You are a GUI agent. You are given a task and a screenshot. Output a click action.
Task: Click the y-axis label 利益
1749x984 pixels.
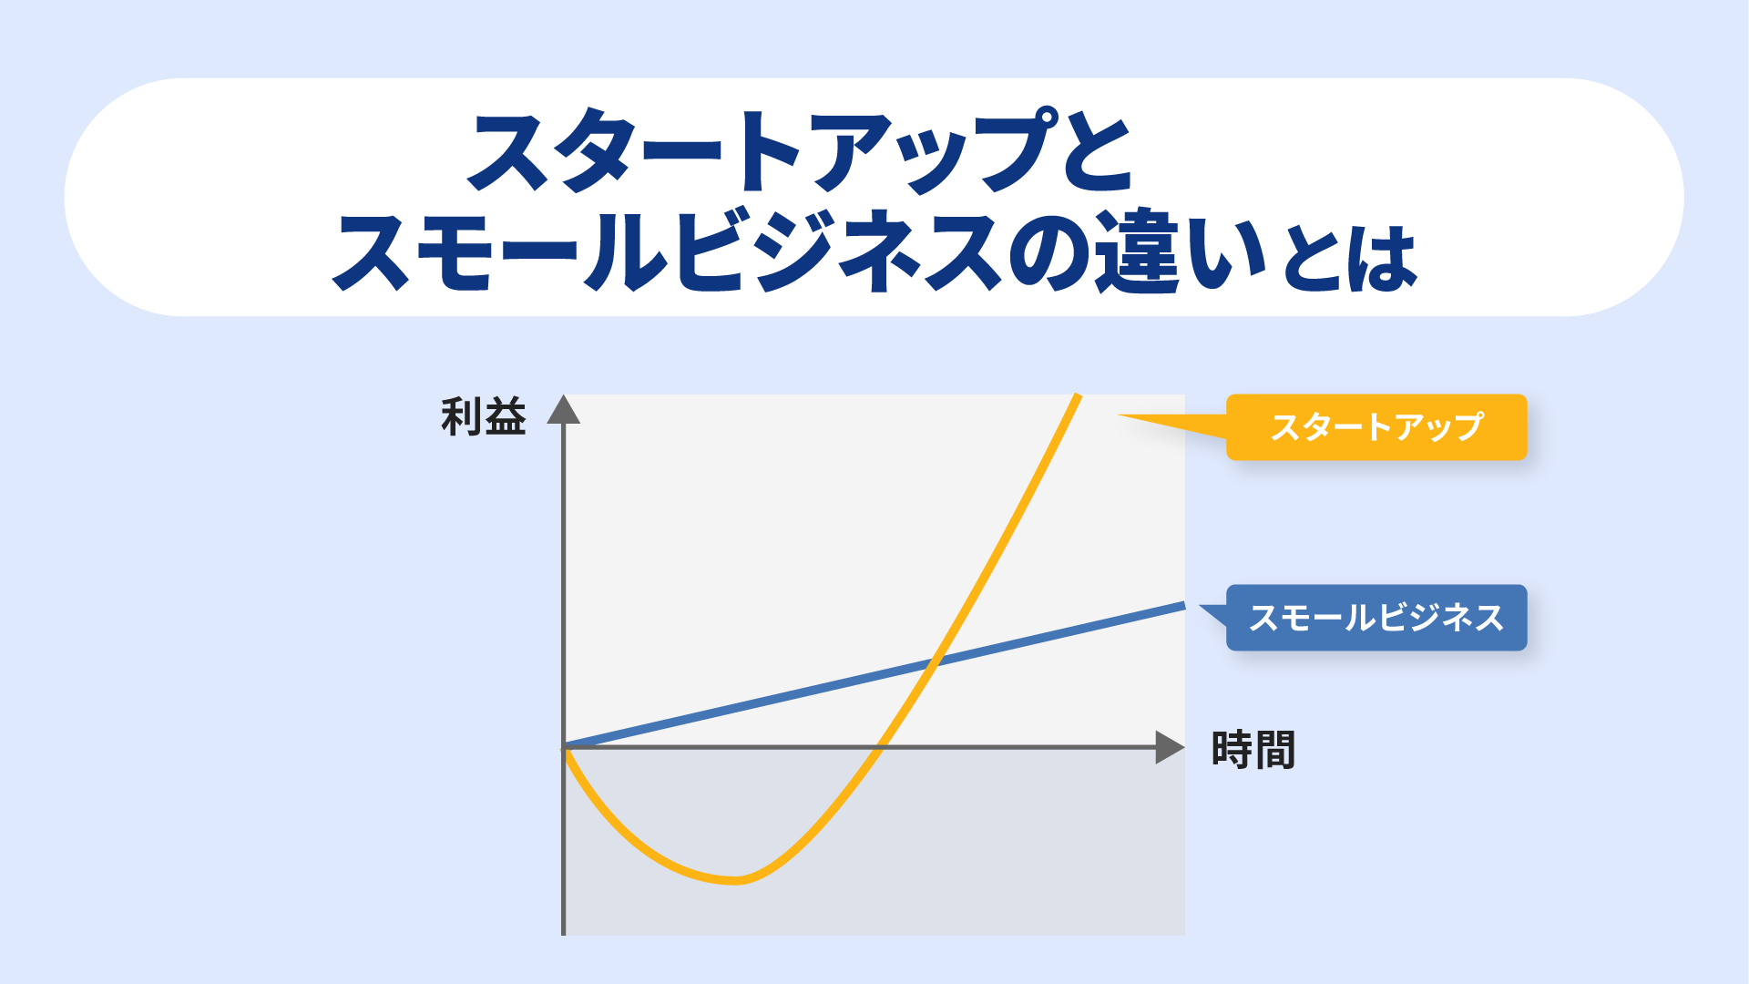(484, 417)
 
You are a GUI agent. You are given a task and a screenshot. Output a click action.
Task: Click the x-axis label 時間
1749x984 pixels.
(1253, 750)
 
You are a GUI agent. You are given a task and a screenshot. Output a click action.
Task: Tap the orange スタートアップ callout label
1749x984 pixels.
(1376, 426)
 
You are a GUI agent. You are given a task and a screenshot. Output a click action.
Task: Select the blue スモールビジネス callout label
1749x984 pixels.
(1376, 618)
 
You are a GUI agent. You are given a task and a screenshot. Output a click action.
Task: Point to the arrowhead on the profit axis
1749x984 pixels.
(564, 409)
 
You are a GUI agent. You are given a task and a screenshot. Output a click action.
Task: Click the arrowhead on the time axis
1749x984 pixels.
(1170, 747)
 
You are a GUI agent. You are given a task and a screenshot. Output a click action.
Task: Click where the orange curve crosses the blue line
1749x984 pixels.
(935, 661)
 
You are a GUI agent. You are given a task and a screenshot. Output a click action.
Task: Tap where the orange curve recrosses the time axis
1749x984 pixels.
(880, 747)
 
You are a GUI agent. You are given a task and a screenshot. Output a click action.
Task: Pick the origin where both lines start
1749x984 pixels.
(565, 747)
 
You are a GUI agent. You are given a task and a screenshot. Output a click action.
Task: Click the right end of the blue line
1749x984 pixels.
(1183, 605)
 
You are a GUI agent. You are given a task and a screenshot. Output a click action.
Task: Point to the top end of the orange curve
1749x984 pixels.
(1078, 396)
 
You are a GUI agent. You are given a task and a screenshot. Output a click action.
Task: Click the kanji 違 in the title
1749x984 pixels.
(1138, 251)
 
